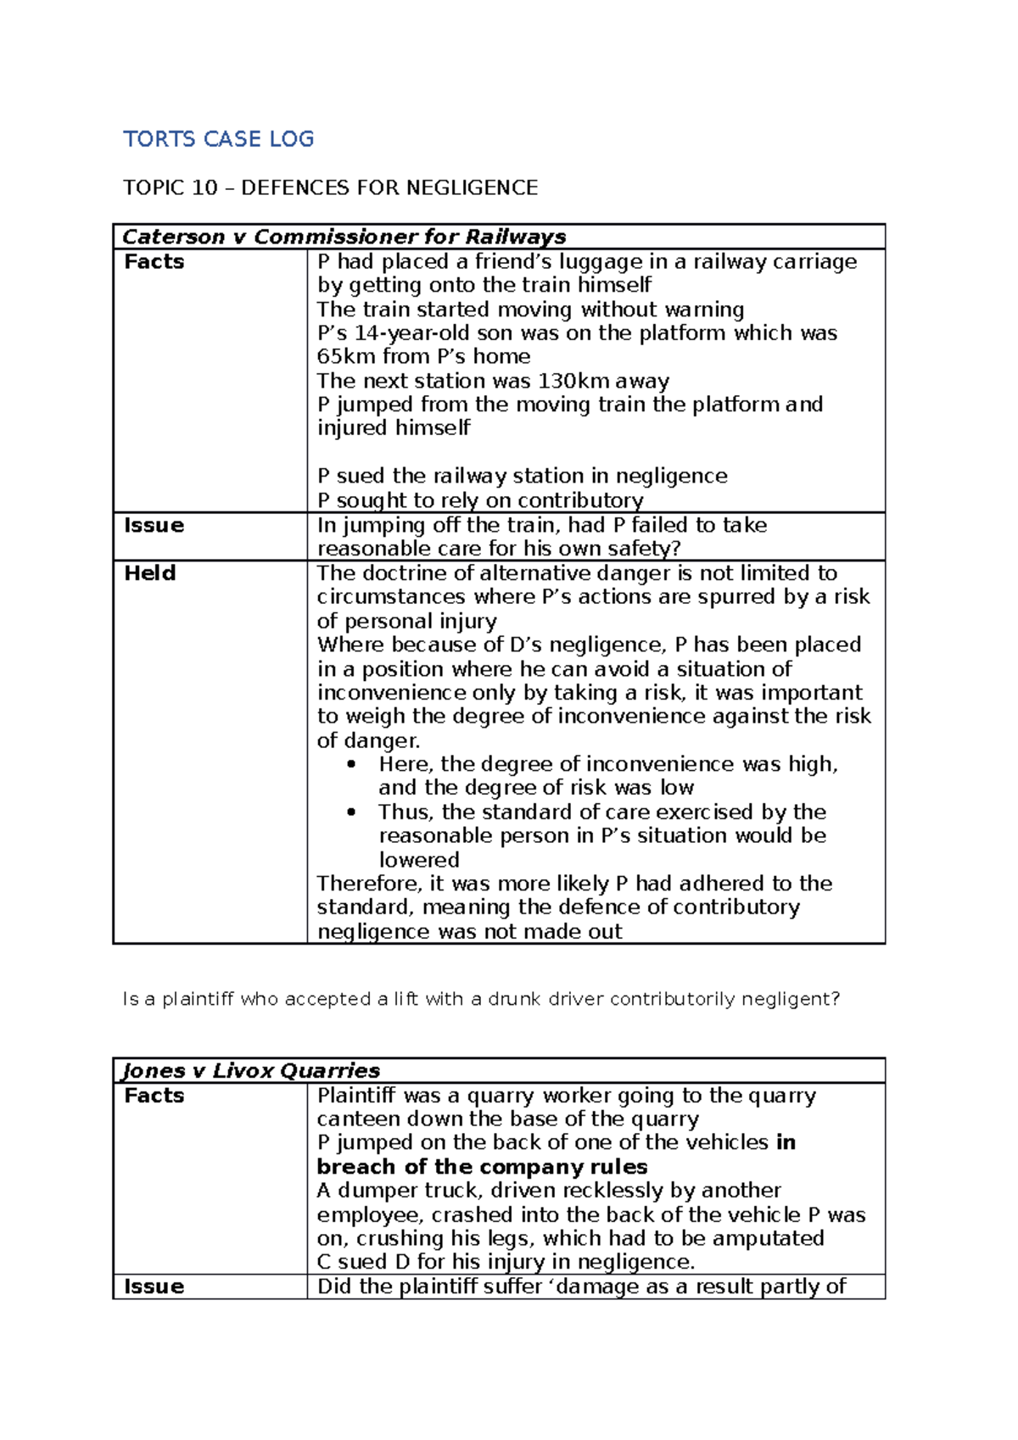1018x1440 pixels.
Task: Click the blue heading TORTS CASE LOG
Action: [218, 139]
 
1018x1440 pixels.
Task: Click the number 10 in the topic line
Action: [204, 187]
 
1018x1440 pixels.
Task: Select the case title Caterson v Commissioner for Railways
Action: [344, 237]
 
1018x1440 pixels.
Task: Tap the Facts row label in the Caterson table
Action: [154, 261]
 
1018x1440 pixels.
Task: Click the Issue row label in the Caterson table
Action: [154, 525]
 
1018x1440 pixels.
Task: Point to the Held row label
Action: [149, 573]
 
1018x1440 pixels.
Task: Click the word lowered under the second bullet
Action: [419, 860]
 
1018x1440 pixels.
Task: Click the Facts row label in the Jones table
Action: [154, 1096]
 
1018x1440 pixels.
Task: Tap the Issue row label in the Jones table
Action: [154, 1287]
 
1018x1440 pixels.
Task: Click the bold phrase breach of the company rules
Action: [482, 1167]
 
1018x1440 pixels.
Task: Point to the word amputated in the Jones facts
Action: [768, 1238]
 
